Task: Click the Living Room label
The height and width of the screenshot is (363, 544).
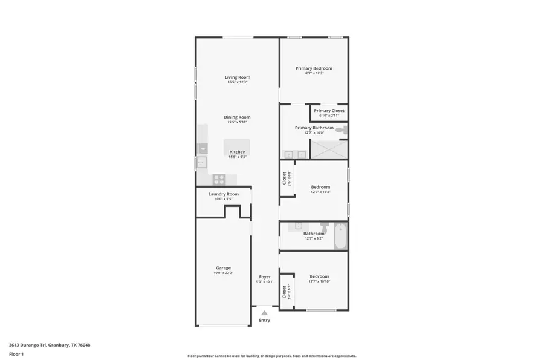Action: click(237, 77)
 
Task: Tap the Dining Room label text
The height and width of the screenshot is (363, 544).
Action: click(237, 117)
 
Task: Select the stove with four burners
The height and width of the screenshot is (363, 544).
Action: click(219, 179)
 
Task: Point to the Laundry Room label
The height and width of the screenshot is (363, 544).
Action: click(223, 194)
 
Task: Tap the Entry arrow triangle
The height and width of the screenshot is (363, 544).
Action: click(264, 313)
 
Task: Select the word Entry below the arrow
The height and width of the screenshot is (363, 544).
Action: click(264, 321)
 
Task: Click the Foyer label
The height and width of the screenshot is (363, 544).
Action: click(265, 276)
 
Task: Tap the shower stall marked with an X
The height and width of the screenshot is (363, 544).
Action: click(329, 149)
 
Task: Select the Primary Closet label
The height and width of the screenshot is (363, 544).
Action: click(329, 111)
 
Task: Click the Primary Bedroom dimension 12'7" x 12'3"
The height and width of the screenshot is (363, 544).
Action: click(314, 73)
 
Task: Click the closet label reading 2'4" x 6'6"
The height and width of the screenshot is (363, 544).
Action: click(289, 292)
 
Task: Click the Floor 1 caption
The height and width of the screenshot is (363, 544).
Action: click(16, 354)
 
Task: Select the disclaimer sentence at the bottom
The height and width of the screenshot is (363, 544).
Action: click(271, 356)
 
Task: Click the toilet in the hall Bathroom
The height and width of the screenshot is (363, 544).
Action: click(324, 227)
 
